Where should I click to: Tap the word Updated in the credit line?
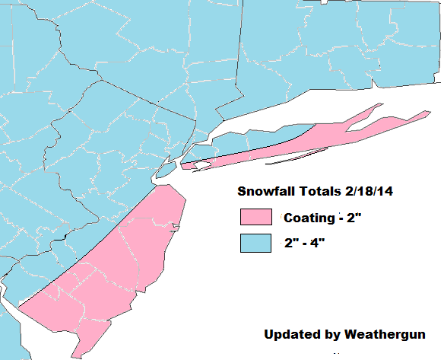[290, 335]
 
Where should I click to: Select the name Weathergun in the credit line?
[388, 335]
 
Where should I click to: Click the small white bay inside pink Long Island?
[201, 164]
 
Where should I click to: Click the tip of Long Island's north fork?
[378, 107]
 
